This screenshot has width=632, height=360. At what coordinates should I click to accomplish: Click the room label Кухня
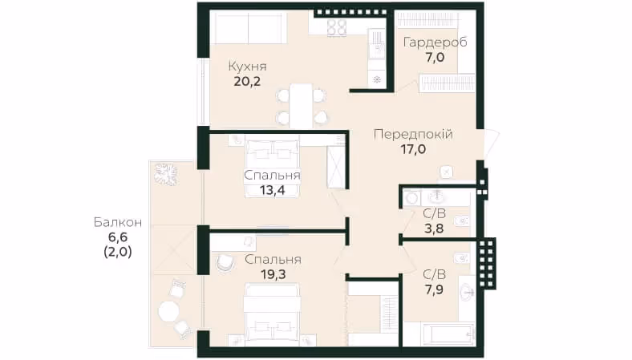pyautogui.click(x=248, y=66)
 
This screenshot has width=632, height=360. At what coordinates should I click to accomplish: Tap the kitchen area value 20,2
pyautogui.click(x=247, y=82)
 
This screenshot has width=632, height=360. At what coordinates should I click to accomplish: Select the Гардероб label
pyautogui.click(x=436, y=42)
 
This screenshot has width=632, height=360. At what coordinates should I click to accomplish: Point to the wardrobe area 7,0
pyautogui.click(x=435, y=57)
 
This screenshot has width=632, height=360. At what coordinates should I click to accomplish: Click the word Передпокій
pyautogui.click(x=413, y=134)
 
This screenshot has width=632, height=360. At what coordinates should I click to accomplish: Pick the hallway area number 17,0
pyautogui.click(x=413, y=150)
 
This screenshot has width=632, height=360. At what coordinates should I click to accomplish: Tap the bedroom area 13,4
pyautogui.click(x=273, y=190)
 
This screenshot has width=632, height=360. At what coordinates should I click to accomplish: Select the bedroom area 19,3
pyautogui.click(x=273, y=274)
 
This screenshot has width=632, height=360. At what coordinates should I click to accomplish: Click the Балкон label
pyautogui.click(x=118, y=222)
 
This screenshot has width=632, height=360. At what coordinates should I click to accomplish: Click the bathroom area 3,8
pyautogui.click(x=434, y=229)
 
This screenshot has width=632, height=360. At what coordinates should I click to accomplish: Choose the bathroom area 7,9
pyautogui.click(x=434, y=290)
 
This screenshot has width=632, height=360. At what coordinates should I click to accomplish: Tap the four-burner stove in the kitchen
pyautogui.click(x=337, y=28)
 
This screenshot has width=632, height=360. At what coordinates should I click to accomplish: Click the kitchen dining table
pyautogui.click(x=301, y=106)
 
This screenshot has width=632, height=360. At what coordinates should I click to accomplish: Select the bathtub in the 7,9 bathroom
pyautogui.click(x=447, y=334)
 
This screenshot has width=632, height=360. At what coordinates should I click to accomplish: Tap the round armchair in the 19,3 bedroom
pyautogui.click(x=225, y=264)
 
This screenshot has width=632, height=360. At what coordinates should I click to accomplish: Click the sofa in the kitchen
pyautogui.click(x=249, y=27)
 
